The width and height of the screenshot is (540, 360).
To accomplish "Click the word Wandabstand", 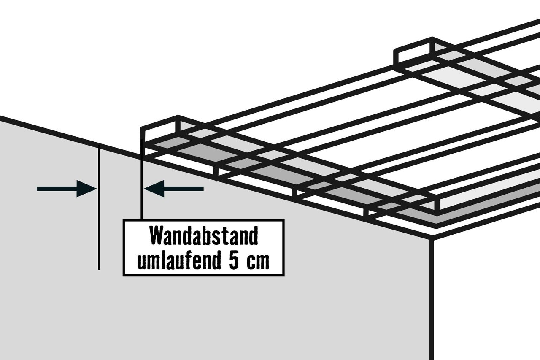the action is tap(204, 235).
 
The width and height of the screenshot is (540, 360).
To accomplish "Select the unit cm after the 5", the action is tap(258, 262).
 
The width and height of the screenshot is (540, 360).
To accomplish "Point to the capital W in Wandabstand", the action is tap(157, 235).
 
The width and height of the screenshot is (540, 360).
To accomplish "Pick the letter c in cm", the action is tap(251, 262).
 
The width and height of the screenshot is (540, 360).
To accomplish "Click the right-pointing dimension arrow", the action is tap(67, 189).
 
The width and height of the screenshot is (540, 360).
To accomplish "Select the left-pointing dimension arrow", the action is tap(174, 189).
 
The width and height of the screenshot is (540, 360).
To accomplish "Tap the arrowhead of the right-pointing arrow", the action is tap(87, 189).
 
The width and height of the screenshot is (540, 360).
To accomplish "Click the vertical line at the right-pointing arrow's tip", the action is tap(99, 208).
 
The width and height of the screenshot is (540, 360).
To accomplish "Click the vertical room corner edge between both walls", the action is tap(431, 299).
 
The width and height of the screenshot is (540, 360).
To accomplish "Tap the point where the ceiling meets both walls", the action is tap(431, 239).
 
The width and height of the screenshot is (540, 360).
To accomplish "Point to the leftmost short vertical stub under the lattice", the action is tap(216, 173).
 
